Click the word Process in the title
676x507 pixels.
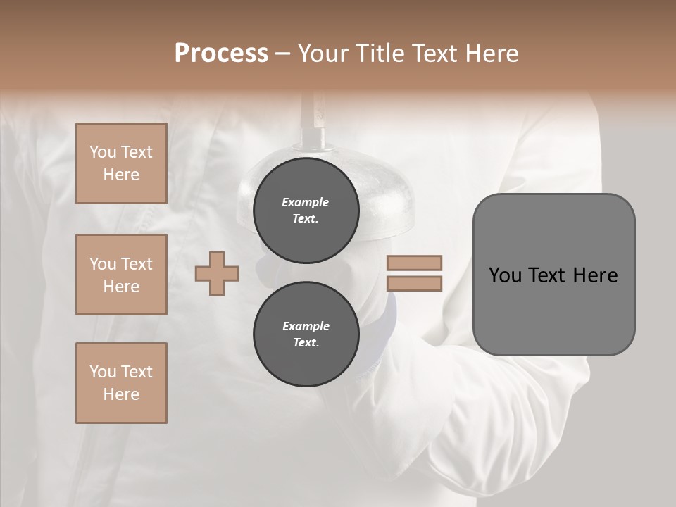(221, 54)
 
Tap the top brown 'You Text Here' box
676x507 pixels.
(121, 163)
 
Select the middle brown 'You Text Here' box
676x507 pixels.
(121, 275)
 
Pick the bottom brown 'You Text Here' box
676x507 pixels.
(121, 383)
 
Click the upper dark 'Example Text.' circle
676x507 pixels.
(306, 211)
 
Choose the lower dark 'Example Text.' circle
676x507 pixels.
(306, 334)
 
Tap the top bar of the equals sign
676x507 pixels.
(414, 263)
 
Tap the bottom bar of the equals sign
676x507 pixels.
(414, 284)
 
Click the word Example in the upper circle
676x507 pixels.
(306, 202)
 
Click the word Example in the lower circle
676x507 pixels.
(306, 326)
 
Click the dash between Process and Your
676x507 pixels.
(282, 54)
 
